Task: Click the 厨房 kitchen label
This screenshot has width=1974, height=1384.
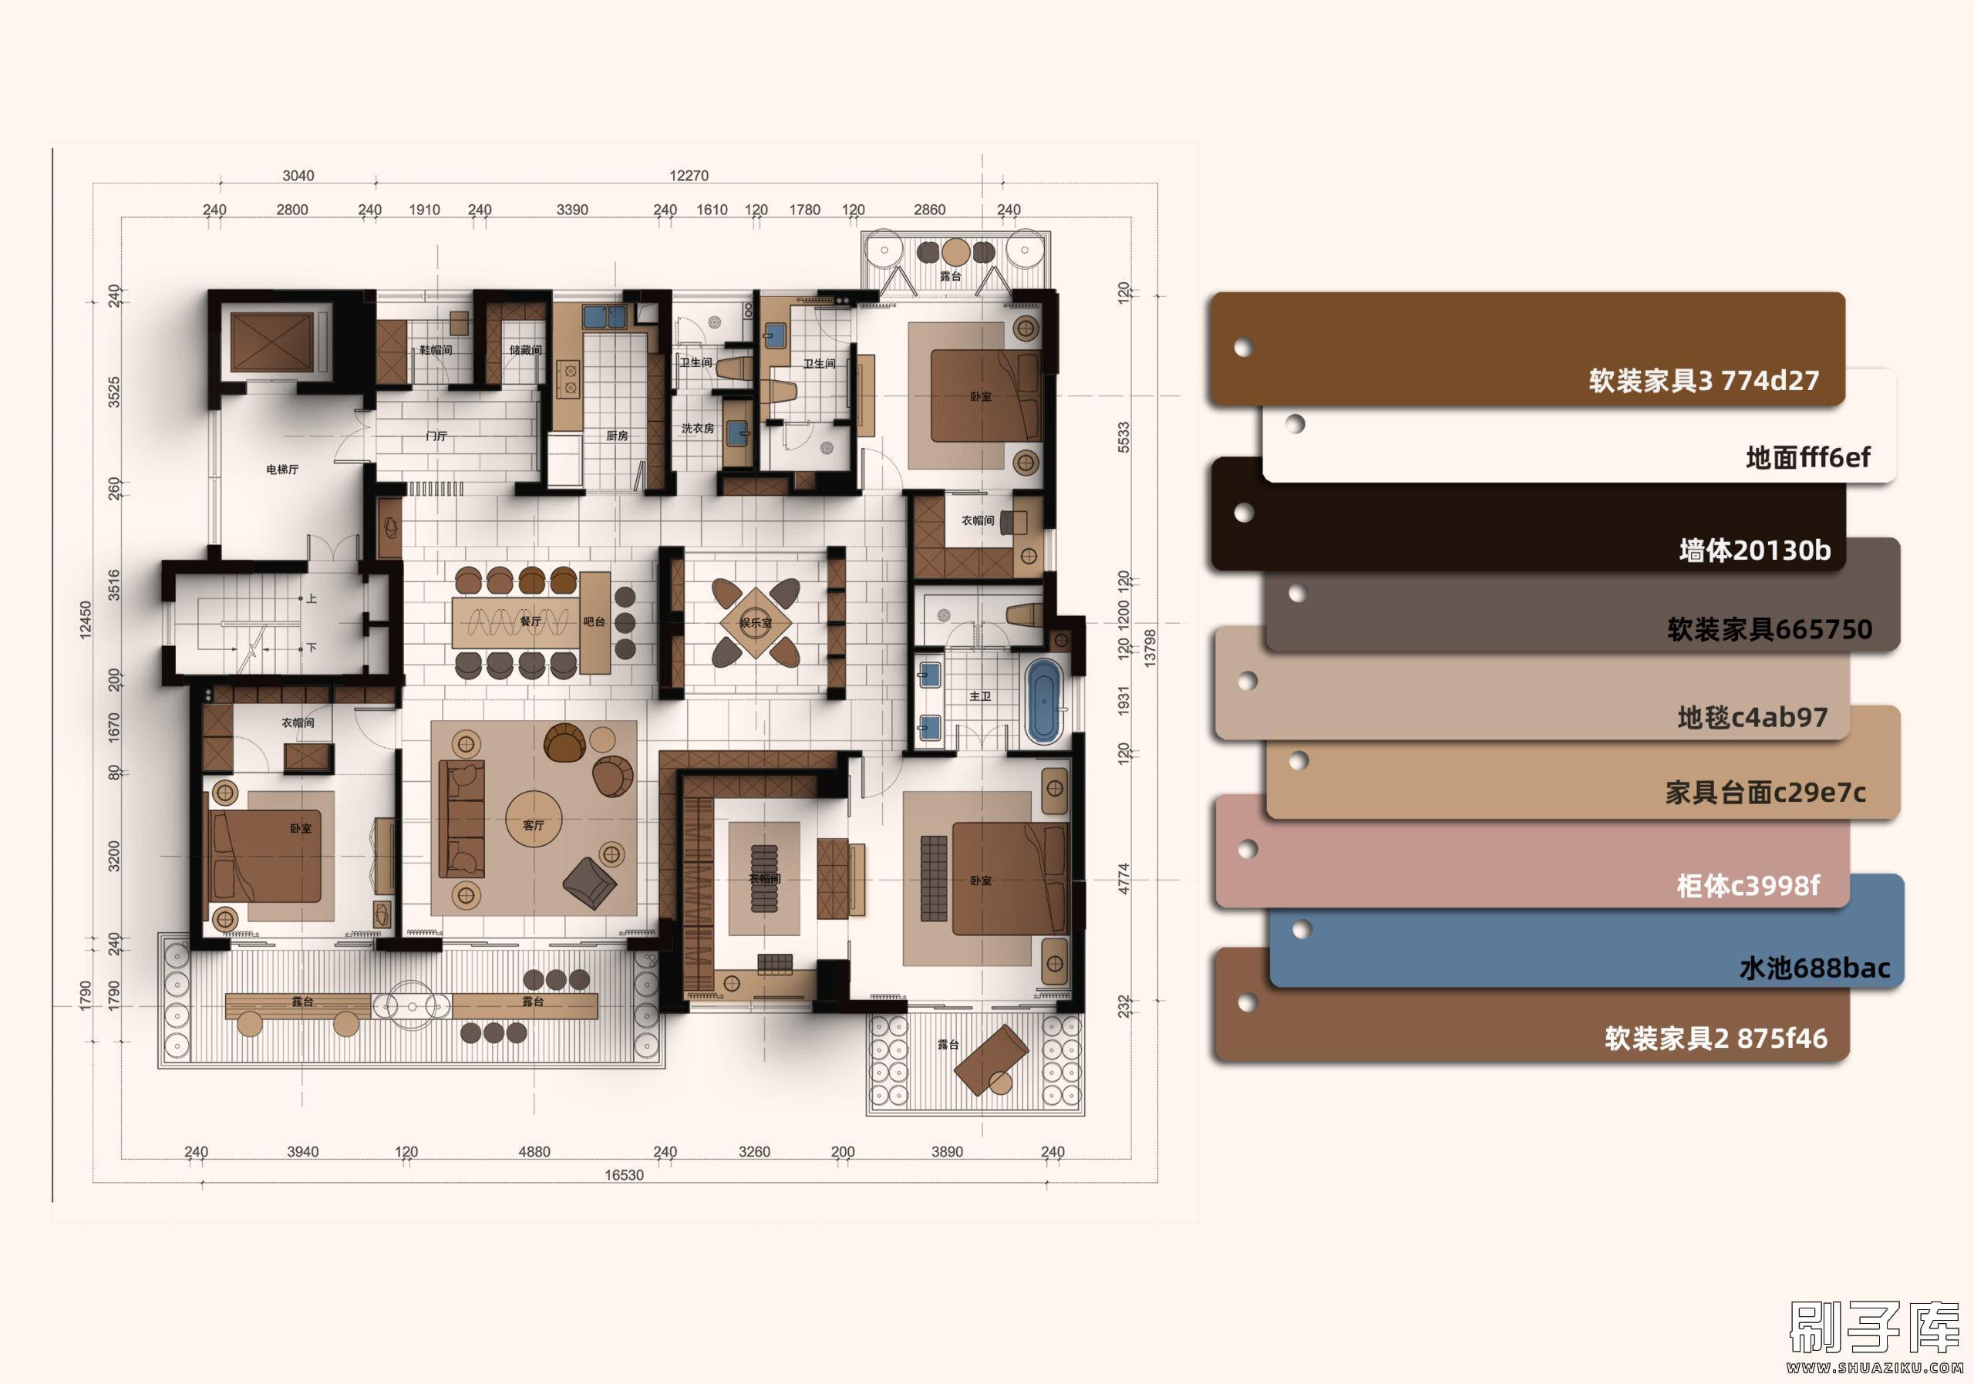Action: pos(616,436)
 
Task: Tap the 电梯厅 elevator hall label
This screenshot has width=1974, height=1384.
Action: pos(282,470)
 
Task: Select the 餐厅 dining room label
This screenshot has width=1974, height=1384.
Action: pos(531,621)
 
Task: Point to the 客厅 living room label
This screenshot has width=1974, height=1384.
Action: pos(533,825)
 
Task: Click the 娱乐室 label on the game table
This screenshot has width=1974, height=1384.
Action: pos(756,622)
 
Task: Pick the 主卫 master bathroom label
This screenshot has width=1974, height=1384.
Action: pos(980,696)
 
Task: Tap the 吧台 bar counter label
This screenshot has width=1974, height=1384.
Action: pos(594,621)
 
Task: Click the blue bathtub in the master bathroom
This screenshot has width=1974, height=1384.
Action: pos(1044,701)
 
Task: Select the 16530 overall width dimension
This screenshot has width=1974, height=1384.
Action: pos(623,1175)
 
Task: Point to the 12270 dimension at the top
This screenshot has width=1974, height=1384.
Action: pos(689,175)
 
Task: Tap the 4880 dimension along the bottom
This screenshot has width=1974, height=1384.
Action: pos(534,1152)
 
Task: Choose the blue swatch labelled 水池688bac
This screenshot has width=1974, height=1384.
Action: pos(1586,931)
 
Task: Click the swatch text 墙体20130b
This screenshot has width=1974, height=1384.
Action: pos(1755,551)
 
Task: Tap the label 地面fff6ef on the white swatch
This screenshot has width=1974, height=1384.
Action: pos(1807,457)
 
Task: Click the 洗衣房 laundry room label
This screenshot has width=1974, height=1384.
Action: pos(697,428)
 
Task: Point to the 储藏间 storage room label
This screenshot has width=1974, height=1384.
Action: pos(525,350)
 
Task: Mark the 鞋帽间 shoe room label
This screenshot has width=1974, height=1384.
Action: pos(435,350)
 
